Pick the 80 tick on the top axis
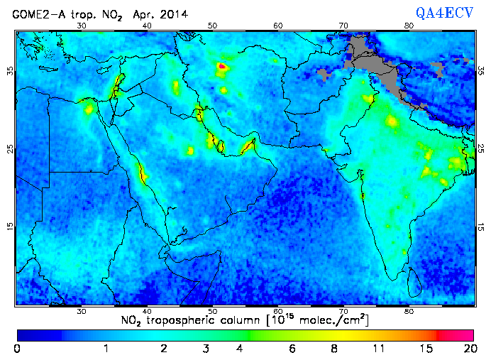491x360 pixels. [x=409, y=25]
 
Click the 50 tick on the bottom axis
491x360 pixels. [x=212, y=311]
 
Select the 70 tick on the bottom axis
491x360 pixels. [x=343, y=311]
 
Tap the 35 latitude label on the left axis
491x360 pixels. [x=10, y=71]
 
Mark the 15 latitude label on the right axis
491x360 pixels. [x=480, y=227]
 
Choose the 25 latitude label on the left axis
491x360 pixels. [x=10, y=149]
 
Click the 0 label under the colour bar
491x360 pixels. [x=17, y=349]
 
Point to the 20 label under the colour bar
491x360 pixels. [x=468, y=349]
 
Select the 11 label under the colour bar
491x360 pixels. [x=379, y=349]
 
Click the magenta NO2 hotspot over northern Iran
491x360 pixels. [x=222, y=66]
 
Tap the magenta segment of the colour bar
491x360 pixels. [x=458, y=334]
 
